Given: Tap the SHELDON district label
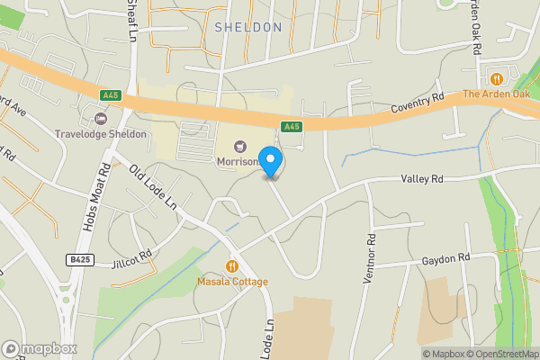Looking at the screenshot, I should coord(248,28).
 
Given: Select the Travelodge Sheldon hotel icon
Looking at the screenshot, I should coord(101,118).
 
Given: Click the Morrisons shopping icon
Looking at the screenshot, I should coord(239,146).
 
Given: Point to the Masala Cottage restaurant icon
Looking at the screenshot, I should coord(233,265).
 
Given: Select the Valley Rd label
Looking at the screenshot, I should coord(422,179).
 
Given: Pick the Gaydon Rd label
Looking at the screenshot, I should coord(446,258).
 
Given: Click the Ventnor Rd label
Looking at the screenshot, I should coord(369,259).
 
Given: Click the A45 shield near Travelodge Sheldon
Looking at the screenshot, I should coord(110,94).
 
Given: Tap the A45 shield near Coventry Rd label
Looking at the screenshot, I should coord(291,127).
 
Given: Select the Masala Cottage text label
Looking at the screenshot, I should coord(233,282).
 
